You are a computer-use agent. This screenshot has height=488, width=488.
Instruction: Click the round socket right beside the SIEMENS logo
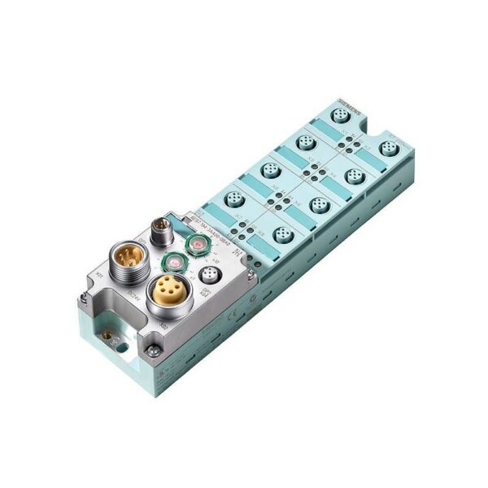[340, 116]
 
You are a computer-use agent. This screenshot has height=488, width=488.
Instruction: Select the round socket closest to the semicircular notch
[388, 150]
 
